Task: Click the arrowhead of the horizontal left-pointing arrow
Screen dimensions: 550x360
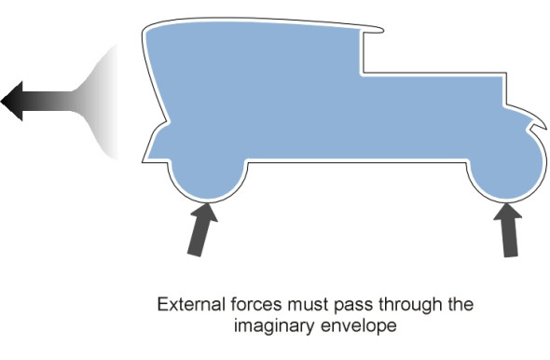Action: point(12,101)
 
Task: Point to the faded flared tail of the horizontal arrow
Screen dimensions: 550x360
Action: point(96,102)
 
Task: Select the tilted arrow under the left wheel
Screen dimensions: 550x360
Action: point(202,229)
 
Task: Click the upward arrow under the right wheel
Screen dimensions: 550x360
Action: point(509,230)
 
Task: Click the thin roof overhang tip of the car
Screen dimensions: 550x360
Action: point(382,30)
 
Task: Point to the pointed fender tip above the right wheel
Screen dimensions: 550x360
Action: point(544,128)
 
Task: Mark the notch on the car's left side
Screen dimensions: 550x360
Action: point(168,122)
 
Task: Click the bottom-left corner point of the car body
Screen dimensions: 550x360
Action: point(143,161)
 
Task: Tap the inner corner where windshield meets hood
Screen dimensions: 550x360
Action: point(363,74)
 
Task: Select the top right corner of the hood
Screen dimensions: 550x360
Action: point(506,74)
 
